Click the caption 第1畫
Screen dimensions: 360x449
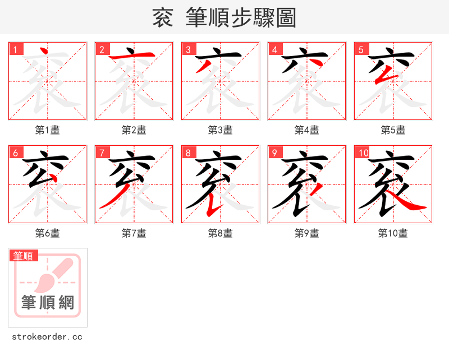[48, 130]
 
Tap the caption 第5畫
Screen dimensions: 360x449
[393, 130]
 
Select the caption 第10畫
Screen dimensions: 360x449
[393, 233]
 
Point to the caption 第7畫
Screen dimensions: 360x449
[134, 233]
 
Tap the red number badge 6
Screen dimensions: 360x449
[15, 153]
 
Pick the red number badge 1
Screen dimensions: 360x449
[15, 49]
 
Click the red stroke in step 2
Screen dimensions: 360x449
[132, 57]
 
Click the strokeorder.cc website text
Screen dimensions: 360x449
[47, 337]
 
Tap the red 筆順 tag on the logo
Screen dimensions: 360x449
[24, 256]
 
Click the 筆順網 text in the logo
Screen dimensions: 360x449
[48, 303]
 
